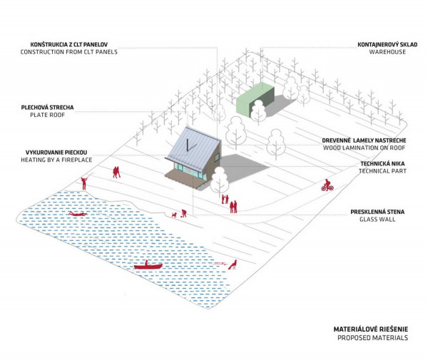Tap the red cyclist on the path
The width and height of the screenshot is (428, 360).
click(x=327, y=185)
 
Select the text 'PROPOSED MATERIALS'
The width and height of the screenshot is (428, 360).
click(x=370, y=338)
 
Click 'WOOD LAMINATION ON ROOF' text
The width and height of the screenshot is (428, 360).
click(x=364, y=148)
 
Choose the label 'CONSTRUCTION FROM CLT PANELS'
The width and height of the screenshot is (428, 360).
click(x=68, y=52)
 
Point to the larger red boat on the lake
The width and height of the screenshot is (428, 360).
click(x=148, y=266)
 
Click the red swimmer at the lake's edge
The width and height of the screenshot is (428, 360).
click(x=232, y=264)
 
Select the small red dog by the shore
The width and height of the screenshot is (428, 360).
click(x=174, y=215)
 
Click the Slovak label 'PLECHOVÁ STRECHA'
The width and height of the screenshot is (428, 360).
click(x=48, y=107)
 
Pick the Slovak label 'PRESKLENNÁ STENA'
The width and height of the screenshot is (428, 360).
click(x=379, y=212)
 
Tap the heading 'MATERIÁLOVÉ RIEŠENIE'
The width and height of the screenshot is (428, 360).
click(x=370, y=329)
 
